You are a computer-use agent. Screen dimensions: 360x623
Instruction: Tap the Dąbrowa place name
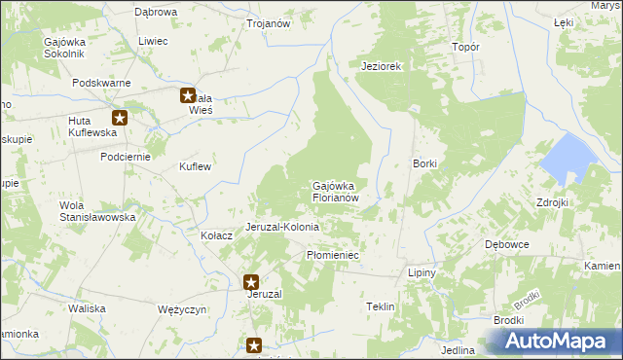pyautogui.click(x=156, y=12)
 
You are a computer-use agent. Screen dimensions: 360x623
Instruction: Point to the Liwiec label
pyautogui.click(x=153, y=41)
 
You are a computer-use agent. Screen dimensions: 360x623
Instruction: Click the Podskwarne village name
pyautogui.click(x=101, y=84)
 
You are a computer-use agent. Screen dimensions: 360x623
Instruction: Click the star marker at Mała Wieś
pyautogui.click(x=188, y=95)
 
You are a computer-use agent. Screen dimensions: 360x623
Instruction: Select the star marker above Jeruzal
pyautogui.click(x=251, y=282)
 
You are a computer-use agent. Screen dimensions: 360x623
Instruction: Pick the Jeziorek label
pyautogui.click(x=382, y=66)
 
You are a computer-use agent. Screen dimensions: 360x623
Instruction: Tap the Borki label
pyautogui.click(x=424, y=163)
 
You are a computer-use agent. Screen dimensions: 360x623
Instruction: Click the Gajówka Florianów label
pyautogui.click(x=337, y=191)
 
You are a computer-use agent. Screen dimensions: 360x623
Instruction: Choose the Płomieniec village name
pyautogui.click(x=333, y=254)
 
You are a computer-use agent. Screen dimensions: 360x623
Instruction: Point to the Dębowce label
pyautogui.click(x=506, y=244)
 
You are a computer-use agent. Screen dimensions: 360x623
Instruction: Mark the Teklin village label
pyautogui.click(x=380, y=306)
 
